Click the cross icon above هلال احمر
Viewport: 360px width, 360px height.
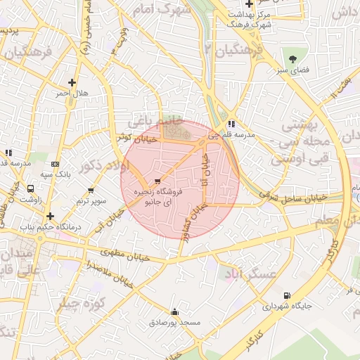coord(72,82)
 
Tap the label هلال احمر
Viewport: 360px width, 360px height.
coord(72,94)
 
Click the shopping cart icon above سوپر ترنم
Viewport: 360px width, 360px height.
coord(91,191)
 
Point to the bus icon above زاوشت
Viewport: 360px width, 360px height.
coord(30,189)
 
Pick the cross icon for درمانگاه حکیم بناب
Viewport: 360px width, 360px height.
coord(49,216)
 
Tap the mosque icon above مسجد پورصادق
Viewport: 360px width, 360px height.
coord(174,311)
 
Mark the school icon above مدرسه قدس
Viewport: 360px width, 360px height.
coord(8,152)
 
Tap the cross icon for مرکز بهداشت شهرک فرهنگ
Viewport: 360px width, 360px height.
coord(249,4)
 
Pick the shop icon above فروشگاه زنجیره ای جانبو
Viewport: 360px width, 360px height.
coord(156,181)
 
